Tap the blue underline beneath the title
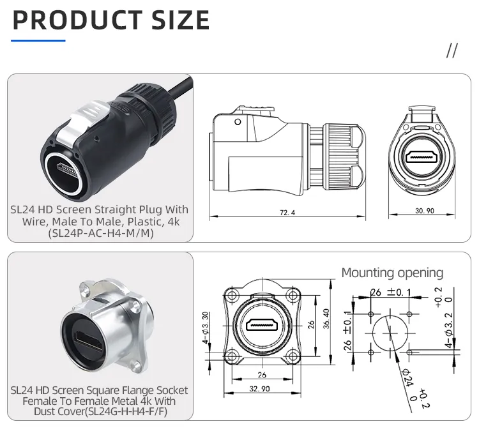39,41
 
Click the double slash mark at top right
452,52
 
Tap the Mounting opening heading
392,273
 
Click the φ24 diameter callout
409,379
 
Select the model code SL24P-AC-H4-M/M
100,234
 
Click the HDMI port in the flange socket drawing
261,324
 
